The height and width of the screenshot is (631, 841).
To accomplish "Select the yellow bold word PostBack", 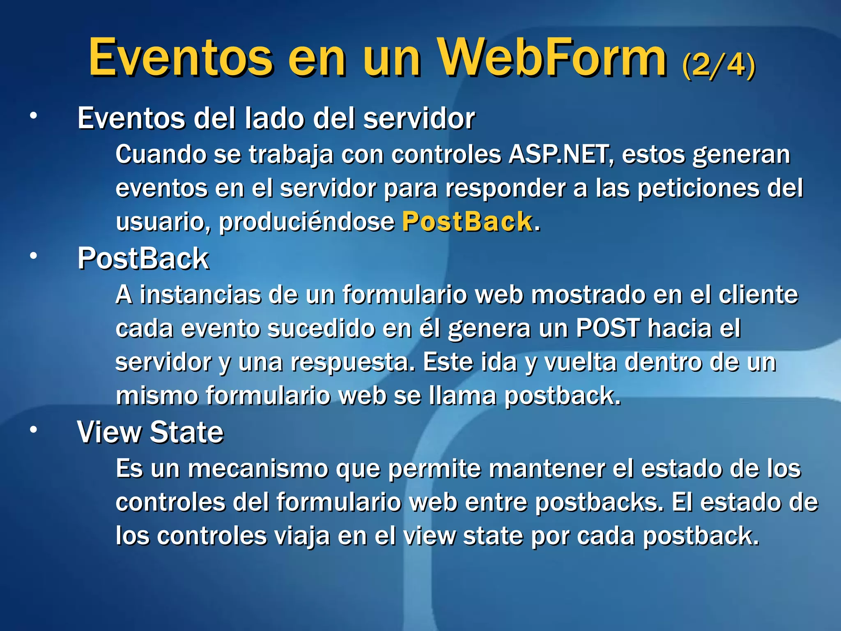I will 467,222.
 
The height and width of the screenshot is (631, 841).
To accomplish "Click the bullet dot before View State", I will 33,430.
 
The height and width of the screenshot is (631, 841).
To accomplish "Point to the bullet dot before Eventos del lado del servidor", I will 33,116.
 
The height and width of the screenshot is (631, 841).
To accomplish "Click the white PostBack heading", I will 143,259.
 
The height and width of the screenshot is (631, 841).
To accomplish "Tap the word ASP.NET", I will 559,155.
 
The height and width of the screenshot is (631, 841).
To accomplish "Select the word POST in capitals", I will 608,328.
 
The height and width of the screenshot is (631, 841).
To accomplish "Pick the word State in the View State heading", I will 186,432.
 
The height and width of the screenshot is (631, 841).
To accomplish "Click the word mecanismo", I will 258,469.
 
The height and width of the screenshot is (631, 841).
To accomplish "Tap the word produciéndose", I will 306,222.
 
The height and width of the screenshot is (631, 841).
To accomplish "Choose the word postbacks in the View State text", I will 599,502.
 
